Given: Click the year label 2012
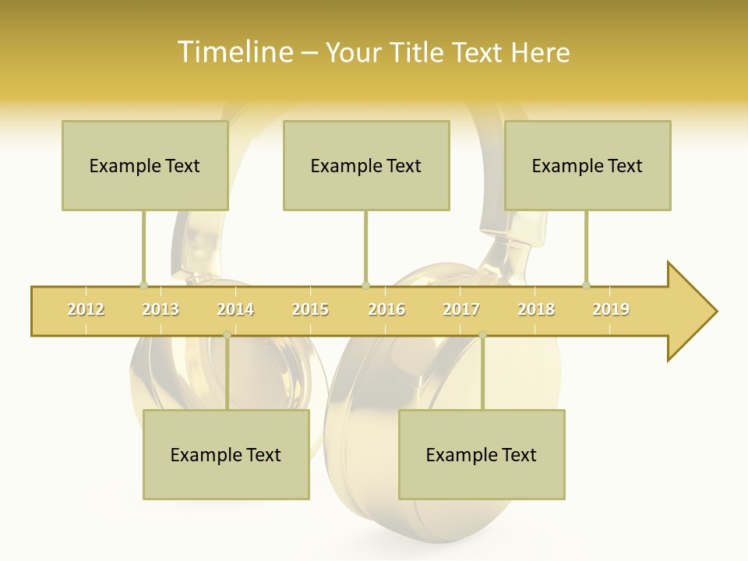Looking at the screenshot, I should click(x=86, y=309).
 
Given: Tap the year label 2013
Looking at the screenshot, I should click(x=161, y=309).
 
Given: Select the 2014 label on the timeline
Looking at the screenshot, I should click(x=235, y=309).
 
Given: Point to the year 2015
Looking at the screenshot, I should click(x=310, y=309).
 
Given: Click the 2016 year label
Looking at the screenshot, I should click(x=386, y=309).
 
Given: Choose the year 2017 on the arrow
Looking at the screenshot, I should click(x=461, y=309).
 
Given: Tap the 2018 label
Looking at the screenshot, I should click(x=536, y=309).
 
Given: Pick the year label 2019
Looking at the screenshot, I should click(x=611, y=309).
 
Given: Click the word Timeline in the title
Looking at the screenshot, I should click(x=235, y=52).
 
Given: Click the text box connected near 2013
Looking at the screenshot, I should click(x=145, y=165).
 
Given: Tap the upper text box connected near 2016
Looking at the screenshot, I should click(x=366, y=165).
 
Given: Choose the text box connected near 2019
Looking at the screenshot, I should click(x=587, y=165).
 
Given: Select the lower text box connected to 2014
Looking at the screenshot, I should click(x=226, y=454).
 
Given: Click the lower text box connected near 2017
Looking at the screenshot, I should click(x=482, y=454).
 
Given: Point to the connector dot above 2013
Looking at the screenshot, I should click(x=143, y=285).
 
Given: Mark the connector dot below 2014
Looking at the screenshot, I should click(x=227, y=335).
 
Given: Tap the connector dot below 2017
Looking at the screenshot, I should click(x=482, y=335).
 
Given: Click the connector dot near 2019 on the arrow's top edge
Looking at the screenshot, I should click(x=586, y=285).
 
